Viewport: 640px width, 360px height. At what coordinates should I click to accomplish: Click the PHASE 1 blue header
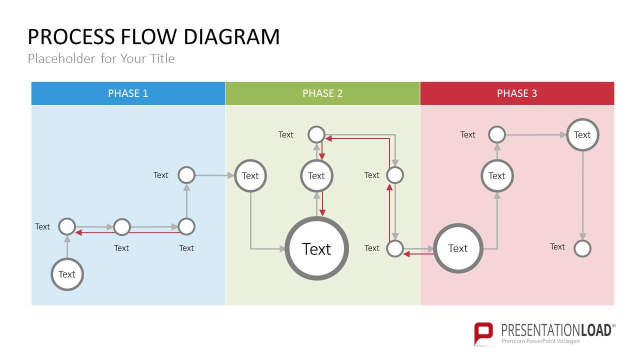(x=128, y=93)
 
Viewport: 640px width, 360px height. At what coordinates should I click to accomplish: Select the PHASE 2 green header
(x=322, y=93)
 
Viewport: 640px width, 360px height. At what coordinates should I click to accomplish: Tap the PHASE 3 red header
(x=517, y=93)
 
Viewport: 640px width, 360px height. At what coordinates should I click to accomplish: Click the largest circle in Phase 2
(x=316, y=248)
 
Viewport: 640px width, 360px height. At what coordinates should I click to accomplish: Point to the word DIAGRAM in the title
(x=231, y=37)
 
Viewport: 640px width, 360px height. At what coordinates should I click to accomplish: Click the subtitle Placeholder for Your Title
(x=101, y=59)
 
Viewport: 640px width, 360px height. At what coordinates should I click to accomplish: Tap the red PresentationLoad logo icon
(x=483, y=333)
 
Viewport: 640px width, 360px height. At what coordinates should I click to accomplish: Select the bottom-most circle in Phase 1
(x=67, y=274)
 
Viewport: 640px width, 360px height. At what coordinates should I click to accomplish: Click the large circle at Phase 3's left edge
(x=458, y=248)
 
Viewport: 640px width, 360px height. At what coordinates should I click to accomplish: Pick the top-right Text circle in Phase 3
(x=582, y=134)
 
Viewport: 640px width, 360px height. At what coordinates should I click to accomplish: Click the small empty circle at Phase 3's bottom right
(x=582, y=248)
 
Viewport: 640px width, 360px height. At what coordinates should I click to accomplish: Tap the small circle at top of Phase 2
(x=316, y=134)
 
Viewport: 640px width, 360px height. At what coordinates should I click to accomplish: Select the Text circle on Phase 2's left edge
(x=250, y=175)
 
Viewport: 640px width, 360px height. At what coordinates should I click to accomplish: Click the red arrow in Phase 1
(x=127, y=232)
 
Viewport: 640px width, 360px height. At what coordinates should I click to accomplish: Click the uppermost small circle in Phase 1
(x=186, y=175)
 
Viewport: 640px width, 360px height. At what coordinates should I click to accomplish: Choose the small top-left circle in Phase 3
(x=497, y=134)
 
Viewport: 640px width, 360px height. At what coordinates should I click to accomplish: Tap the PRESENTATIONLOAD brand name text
(x=556, y=330)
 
